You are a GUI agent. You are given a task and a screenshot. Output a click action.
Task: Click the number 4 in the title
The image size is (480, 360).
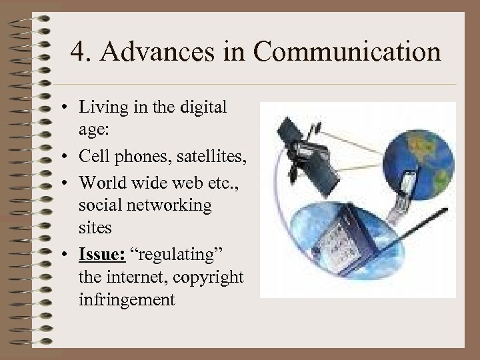78,53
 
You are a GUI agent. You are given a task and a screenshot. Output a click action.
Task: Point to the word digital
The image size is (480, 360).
203,107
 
